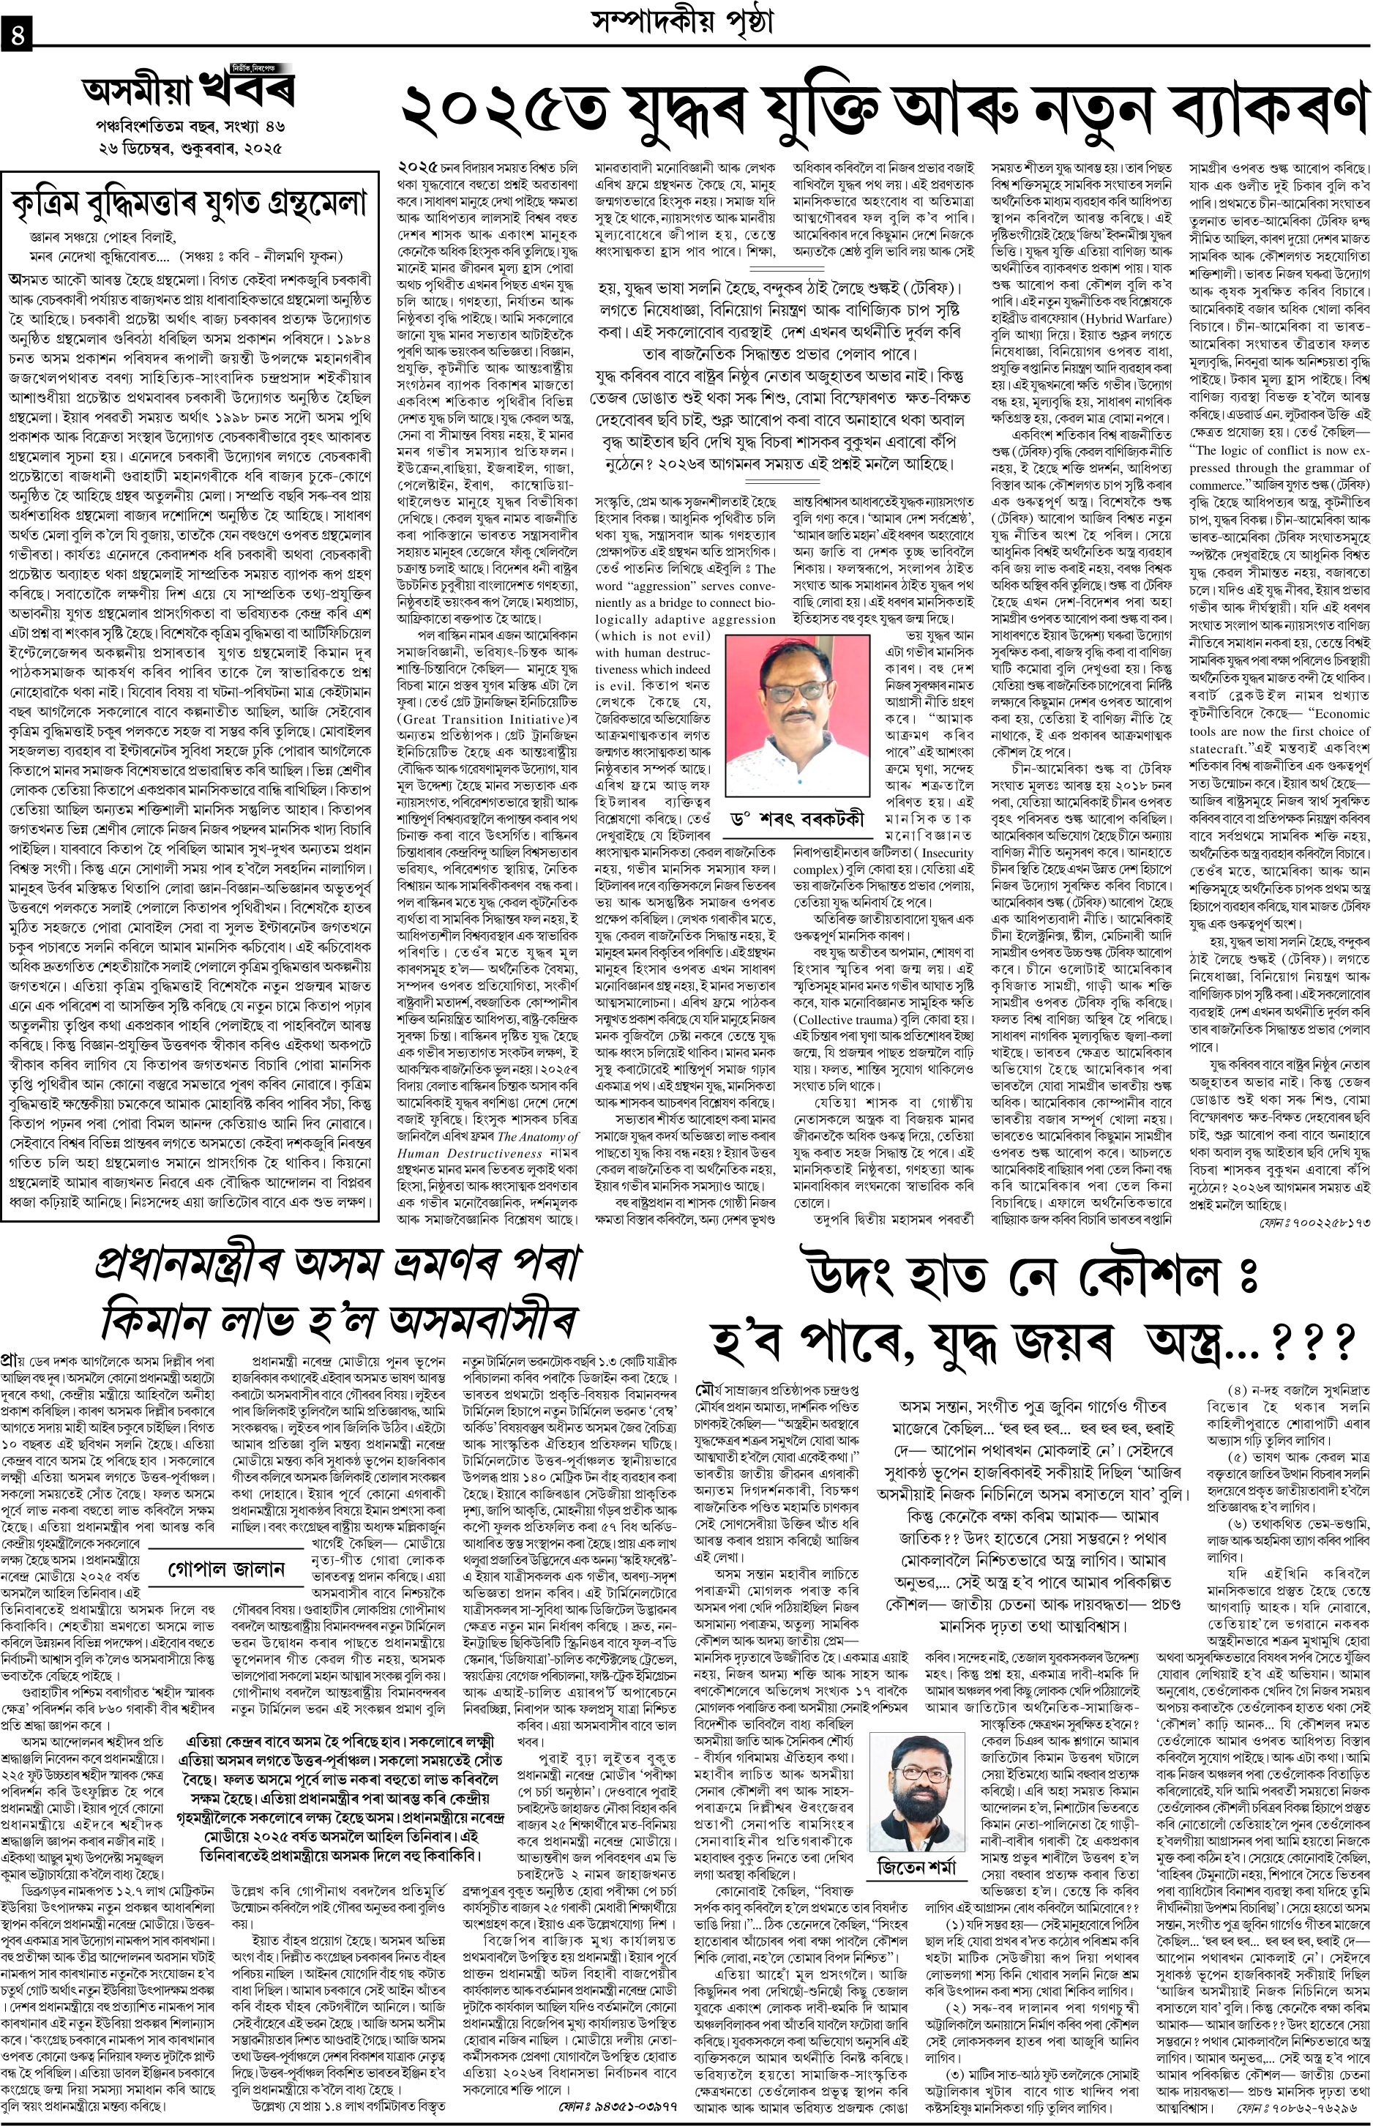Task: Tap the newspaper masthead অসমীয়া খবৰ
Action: [x=188, y=90]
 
